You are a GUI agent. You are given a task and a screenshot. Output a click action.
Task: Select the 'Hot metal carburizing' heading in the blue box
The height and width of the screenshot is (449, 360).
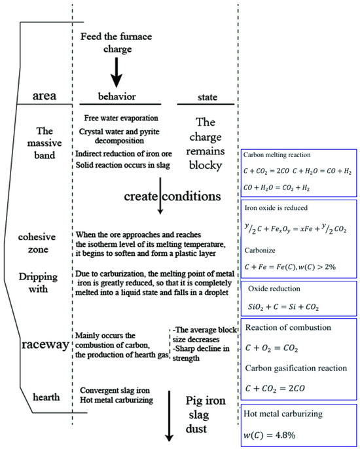click(x=284, y=414)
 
